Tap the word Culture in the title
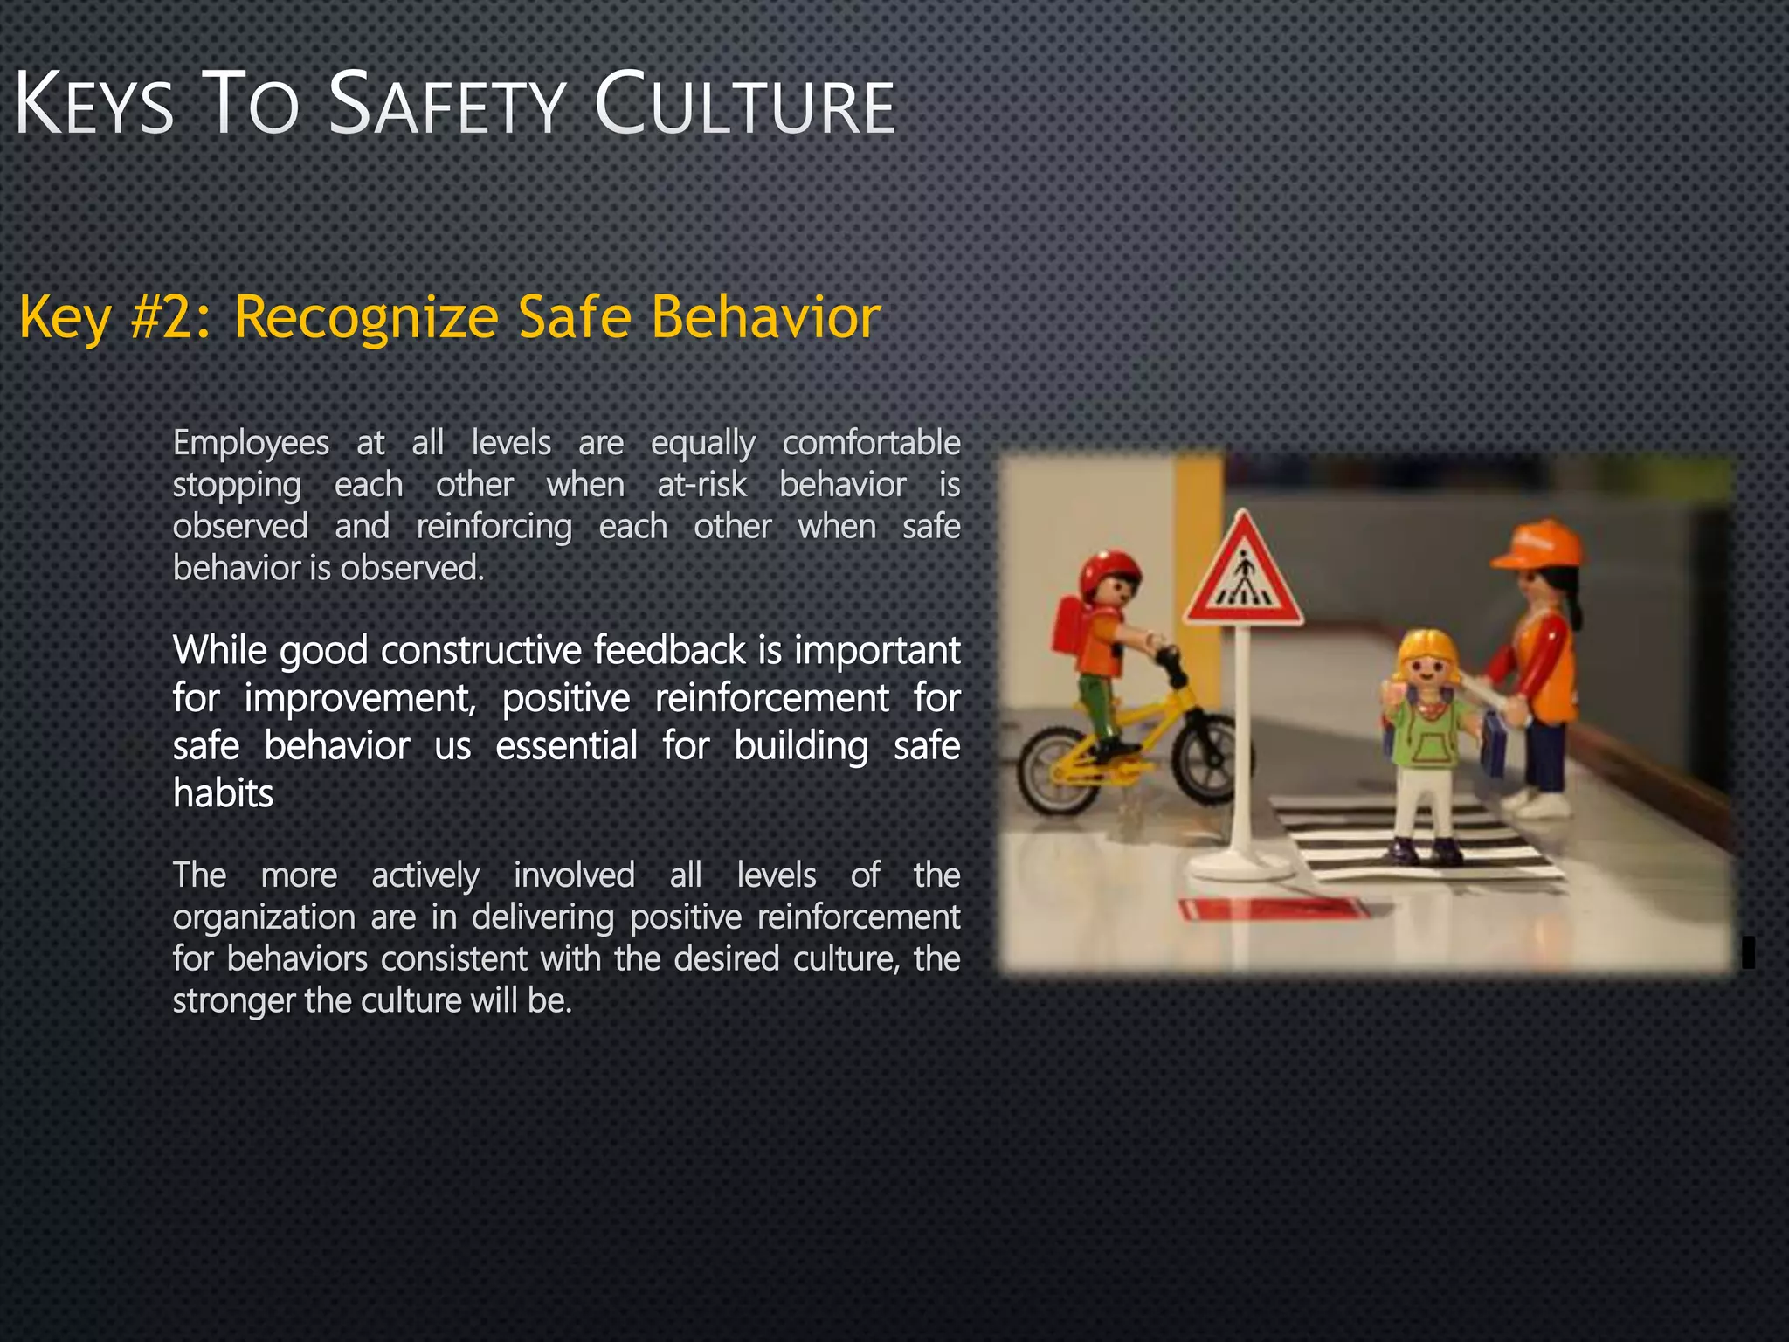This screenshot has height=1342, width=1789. pyautogui.click(x=744, y=107)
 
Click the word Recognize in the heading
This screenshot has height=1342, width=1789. pyautogui.click(x=366, y=318)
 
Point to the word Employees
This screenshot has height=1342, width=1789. pyautogui.click(x=251, y=443)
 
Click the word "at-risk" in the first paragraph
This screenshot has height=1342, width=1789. pyautogui.click(x=701, y=485)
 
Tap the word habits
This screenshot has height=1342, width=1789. pyautogui.click(x=223, y=793)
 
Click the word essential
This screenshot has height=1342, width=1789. pyautogui.click(x=566, y=746)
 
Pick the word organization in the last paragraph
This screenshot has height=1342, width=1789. pyautogui.click(x=264, y=917)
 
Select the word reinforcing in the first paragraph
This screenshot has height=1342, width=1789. pyautogui.click(x=494, y=527)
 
